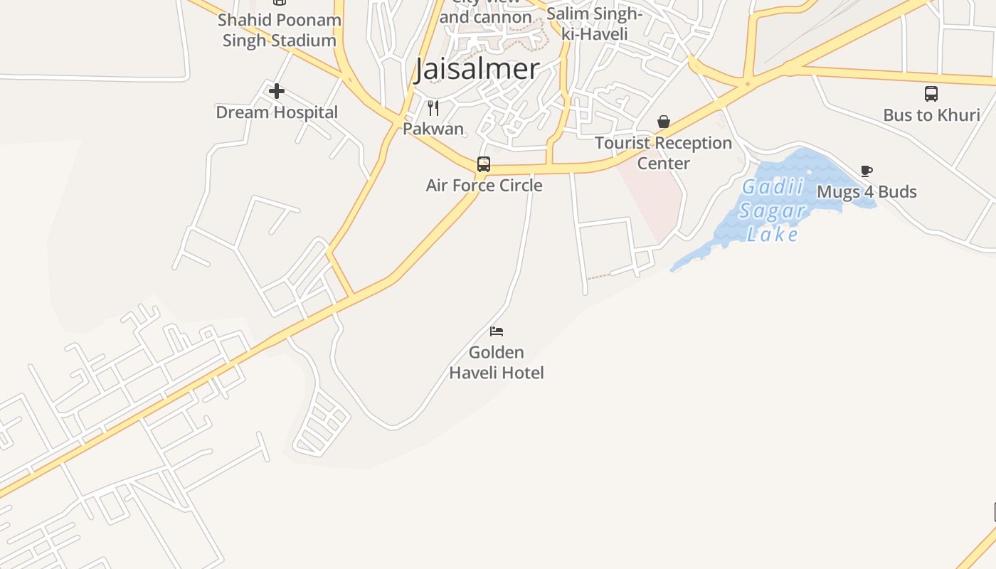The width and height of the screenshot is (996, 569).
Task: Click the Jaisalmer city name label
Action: pos(477,69)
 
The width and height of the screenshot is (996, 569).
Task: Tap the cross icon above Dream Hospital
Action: pos(277,91)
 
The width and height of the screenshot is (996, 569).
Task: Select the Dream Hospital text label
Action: pos(277,112)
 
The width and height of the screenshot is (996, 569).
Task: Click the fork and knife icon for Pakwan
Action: pos(433,108)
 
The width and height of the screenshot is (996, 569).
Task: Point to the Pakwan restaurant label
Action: pos(433,129)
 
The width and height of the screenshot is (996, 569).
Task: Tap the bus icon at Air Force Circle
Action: pos(484,164)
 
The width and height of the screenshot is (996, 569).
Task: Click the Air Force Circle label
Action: pos(484,186)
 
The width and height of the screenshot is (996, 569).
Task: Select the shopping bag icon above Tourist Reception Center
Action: pos(664,122)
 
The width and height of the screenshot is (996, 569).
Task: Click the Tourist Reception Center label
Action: pos(664,153)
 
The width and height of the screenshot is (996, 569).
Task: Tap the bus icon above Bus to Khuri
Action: pos(931,94)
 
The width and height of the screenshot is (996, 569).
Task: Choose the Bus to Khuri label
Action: pos(931,115)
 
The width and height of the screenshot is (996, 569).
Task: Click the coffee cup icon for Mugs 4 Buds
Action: pos(866,171)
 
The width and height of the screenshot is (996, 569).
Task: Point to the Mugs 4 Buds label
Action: pos(867,192)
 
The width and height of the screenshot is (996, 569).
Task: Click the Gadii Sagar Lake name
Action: pos(773,211)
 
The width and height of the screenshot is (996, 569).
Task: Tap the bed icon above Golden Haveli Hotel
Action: pos(497,331)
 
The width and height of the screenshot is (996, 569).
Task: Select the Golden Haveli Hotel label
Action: pos(497,362)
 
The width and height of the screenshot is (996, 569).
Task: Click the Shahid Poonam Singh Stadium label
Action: pos(280,30)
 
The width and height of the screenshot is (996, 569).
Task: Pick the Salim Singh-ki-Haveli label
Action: pos(595,24)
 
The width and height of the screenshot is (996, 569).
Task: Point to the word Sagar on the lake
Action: pos(773,211)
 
